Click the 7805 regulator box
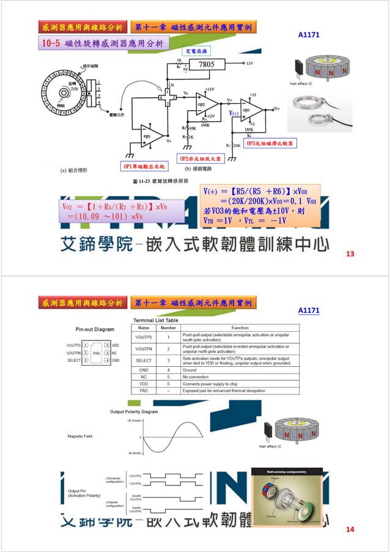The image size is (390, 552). [205, 64]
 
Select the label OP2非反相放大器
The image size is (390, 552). [201, 158]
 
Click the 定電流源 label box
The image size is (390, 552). [196, 50]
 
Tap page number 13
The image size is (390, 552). [350, 254]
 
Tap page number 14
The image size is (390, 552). [350, 529]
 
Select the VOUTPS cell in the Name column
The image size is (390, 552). [144, 337]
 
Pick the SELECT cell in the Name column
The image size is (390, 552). [144, 360]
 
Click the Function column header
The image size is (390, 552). [240, 328]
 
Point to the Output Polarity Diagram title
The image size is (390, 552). [138, 412]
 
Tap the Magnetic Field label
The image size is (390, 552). [79, 436]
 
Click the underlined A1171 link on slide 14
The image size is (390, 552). [309, 311]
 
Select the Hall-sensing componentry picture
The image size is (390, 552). [287, 496]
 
